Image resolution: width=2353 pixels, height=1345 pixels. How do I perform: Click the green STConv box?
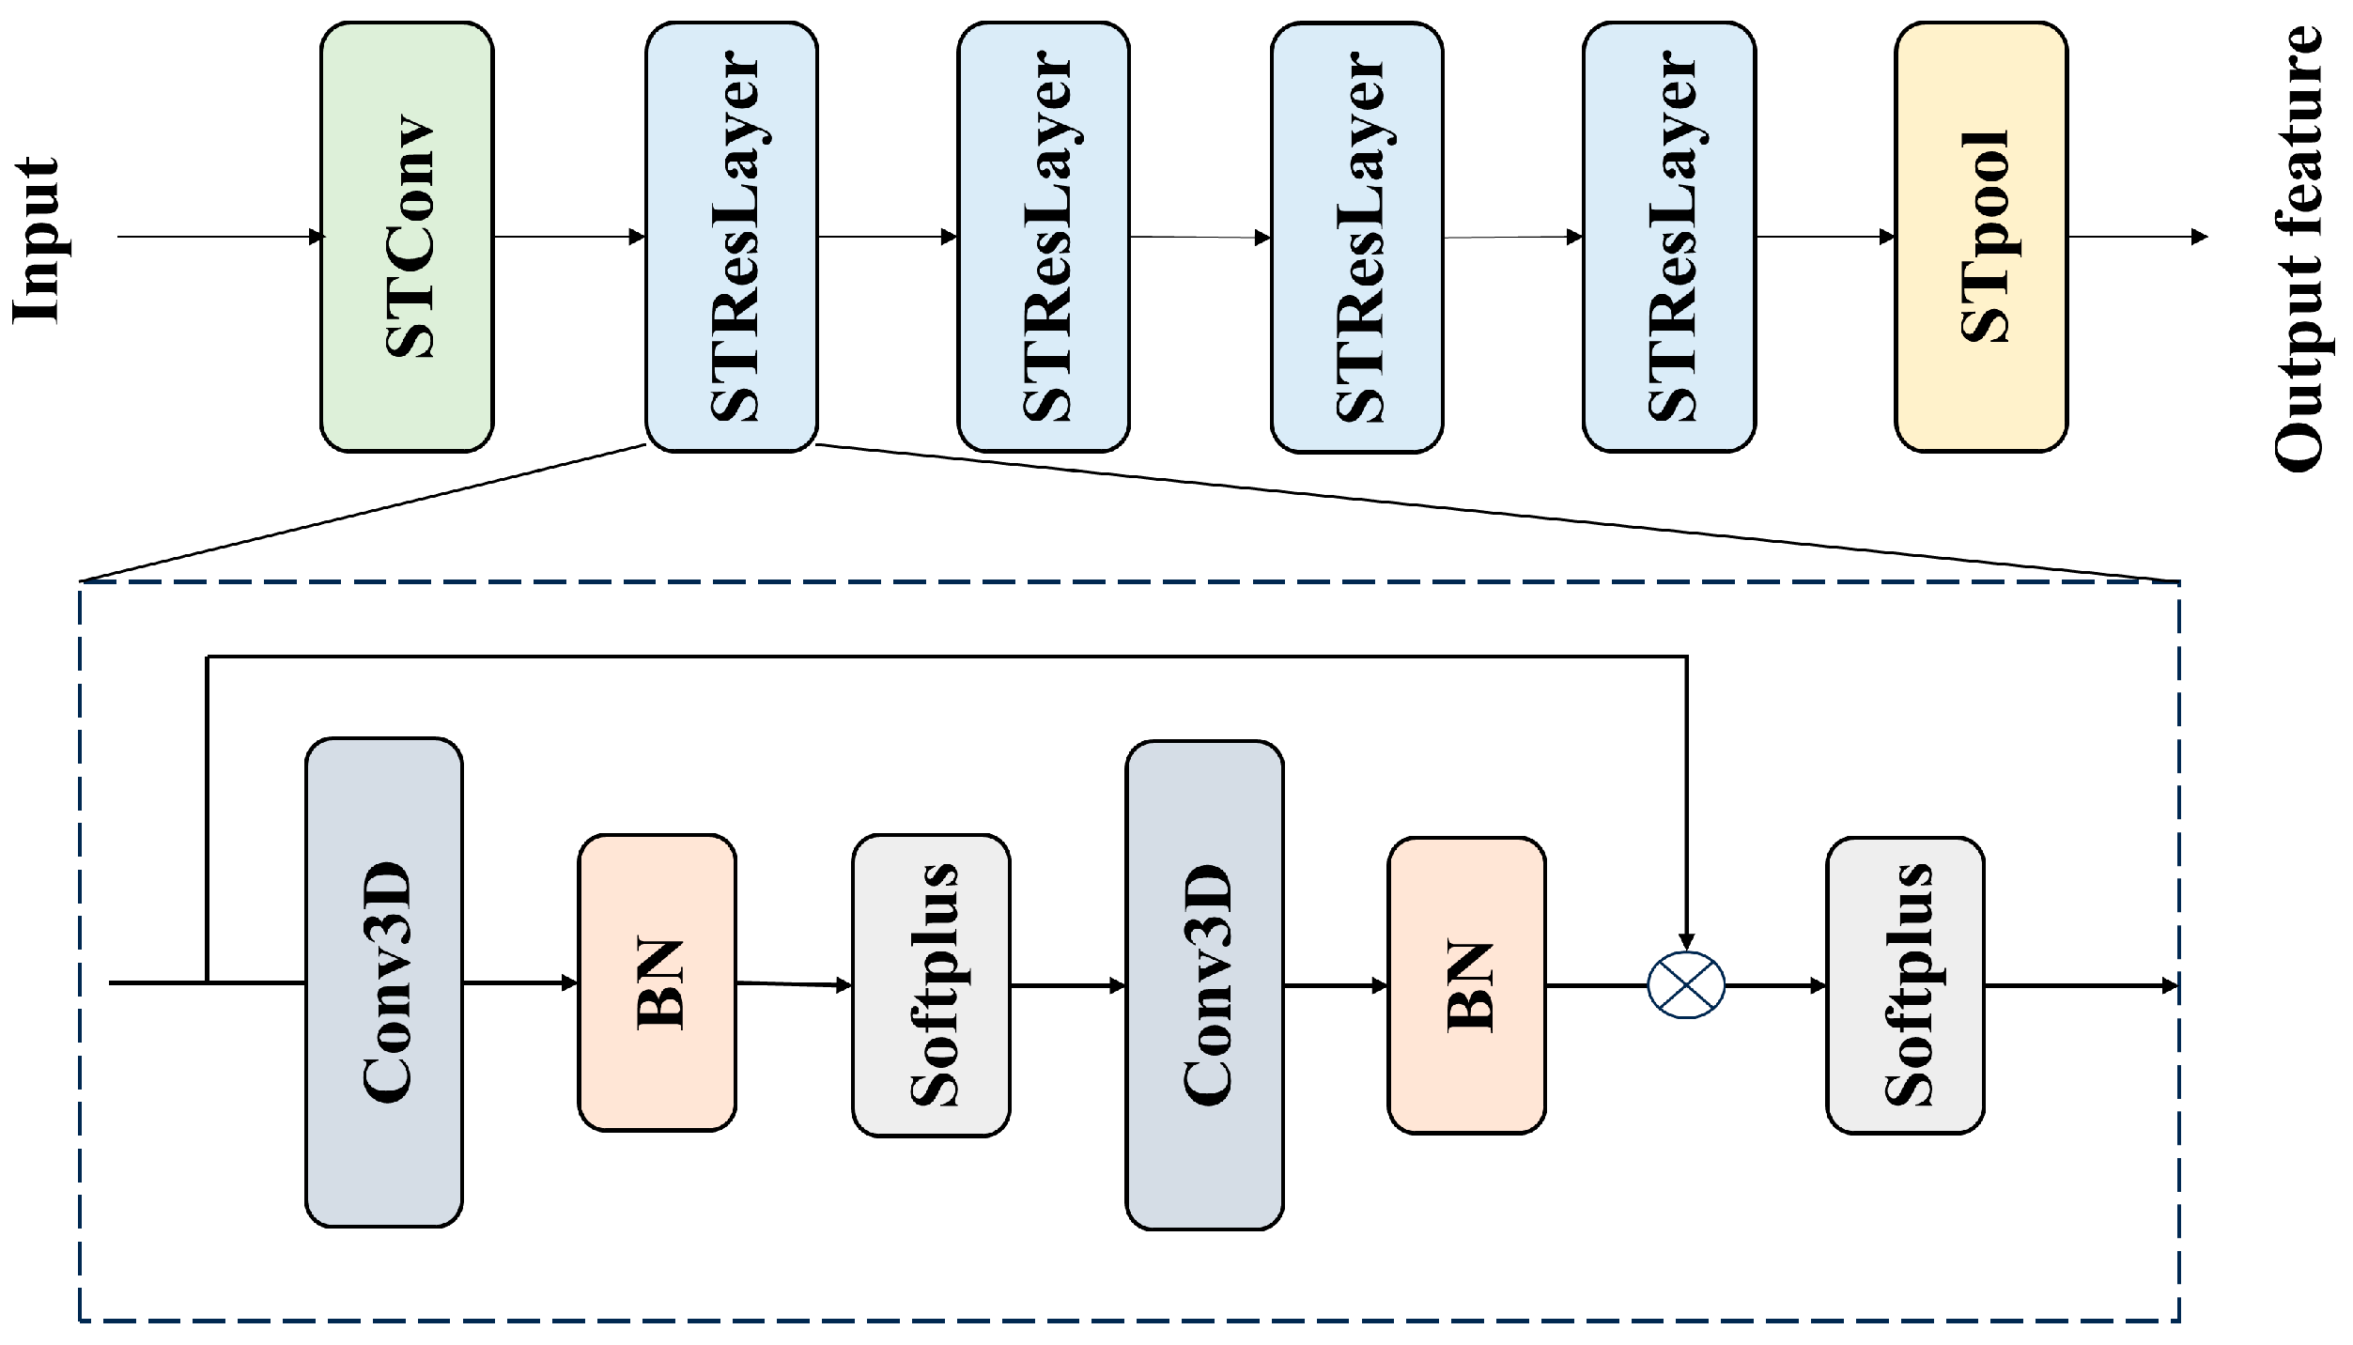coord(407,237)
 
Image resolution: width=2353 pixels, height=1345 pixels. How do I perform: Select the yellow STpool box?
coord(1981,237)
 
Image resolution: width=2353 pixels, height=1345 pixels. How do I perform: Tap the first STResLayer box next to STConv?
coord(732,237)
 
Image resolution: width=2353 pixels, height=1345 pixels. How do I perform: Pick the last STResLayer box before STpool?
coord(1669,237)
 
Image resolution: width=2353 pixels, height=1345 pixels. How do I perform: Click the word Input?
coord(36,240)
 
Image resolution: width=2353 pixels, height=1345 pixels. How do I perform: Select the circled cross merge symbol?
coord(1687,985)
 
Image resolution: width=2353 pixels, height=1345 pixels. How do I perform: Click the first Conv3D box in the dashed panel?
coord(384,982)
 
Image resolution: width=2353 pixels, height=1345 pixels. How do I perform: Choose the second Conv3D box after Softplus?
coord(1204,985)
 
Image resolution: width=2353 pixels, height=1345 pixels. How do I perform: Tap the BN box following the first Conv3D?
coord(657,982)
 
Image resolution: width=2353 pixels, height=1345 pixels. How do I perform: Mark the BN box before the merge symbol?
coord(1467,985)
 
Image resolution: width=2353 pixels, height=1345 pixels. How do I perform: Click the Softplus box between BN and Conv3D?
coord(931,985)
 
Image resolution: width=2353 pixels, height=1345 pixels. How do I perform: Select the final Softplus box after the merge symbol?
coord(1905,985)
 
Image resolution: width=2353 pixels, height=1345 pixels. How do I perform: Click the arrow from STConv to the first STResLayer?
coord(569,237)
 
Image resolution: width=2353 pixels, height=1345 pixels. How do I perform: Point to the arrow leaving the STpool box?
coord(2137,237)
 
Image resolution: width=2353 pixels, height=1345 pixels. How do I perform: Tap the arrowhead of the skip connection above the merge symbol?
coord(1687,941)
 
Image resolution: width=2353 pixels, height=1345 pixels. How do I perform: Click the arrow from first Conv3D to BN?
coord(520,983)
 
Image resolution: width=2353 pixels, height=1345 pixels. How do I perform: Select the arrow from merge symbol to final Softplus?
coord(1775,985)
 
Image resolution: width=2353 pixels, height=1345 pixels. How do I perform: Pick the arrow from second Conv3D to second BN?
coord(1336,985)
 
